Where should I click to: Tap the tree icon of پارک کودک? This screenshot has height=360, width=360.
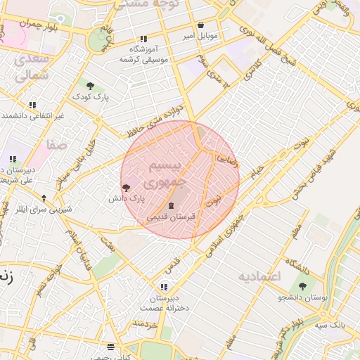tap(89, 85)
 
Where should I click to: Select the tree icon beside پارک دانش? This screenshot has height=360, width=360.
tap(126, 188)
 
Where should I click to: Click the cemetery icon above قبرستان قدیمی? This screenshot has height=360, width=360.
tap(172, 205)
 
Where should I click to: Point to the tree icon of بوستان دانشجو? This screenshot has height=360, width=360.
tap(303, 286)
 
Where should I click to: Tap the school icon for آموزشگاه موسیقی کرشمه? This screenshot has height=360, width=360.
tap(143, 39)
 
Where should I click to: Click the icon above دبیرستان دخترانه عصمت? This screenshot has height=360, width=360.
tap(164, 287)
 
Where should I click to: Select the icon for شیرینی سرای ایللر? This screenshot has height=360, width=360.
tap(44, 198)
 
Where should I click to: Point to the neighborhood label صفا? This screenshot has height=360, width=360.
tap(56, 144)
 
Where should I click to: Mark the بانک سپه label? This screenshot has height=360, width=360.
tap(328, 324)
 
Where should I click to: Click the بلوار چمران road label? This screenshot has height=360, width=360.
tap(22, 23)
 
